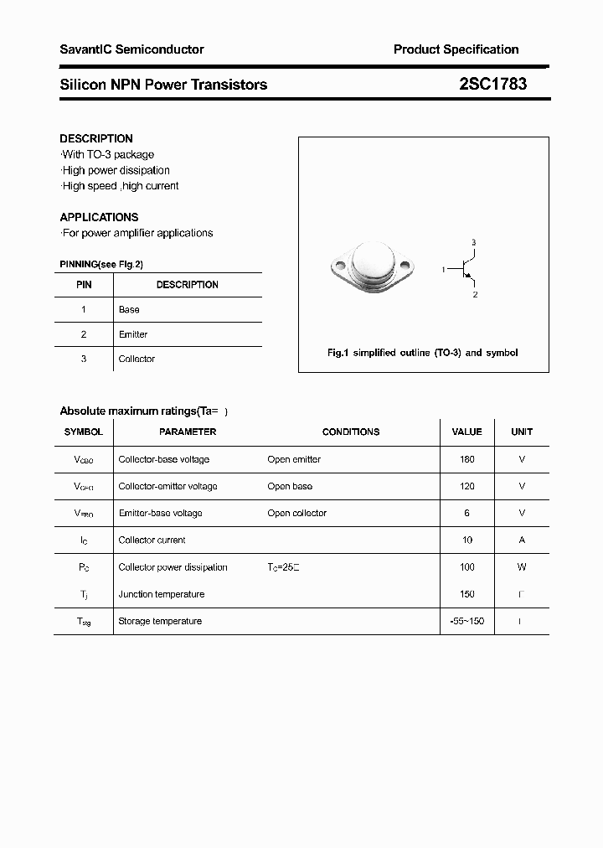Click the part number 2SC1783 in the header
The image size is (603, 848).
492,84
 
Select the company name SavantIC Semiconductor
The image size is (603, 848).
131,49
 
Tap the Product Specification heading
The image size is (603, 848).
456,49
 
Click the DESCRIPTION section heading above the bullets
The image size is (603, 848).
96,138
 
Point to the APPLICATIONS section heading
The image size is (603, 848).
99,217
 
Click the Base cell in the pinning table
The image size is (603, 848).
129,309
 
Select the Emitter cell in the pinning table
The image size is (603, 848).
133,334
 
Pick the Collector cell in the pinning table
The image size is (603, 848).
137,359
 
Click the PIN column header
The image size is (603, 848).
84,285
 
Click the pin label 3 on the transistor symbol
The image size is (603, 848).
473,243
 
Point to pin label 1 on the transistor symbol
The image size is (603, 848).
443,270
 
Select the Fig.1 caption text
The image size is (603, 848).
422,353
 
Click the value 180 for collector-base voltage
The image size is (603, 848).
466,459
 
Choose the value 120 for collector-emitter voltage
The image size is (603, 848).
466,486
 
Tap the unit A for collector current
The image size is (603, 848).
522,540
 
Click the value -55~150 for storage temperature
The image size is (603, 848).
466,621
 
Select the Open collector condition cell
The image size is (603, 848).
296,513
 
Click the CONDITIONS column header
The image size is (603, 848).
350,432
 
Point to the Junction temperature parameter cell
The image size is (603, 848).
162,594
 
